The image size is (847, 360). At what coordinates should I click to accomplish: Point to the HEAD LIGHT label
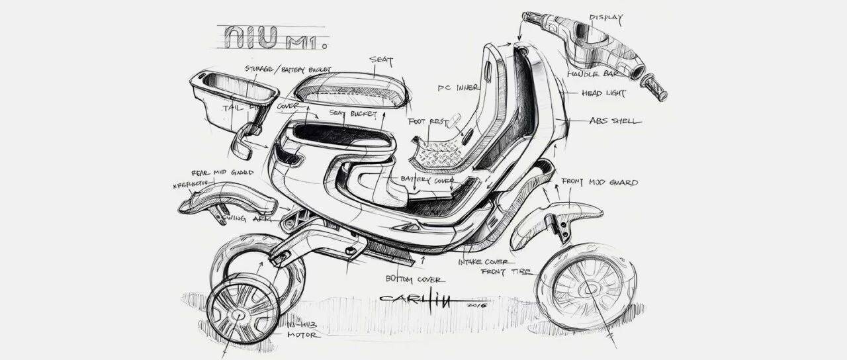coord(604,94)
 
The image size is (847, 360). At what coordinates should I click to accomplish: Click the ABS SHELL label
coord(614,121)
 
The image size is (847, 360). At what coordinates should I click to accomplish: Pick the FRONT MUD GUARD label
coord(600,182)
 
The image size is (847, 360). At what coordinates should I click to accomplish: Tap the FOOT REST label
coord(426,122)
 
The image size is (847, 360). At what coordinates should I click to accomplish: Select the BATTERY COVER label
coord(425,179)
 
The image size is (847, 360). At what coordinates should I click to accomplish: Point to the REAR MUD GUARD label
coord(222,172)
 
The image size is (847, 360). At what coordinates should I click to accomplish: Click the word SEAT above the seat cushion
coord(381,62)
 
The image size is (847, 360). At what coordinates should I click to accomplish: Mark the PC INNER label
coord(455,87)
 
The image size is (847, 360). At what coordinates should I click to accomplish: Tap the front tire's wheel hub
coord(585,286)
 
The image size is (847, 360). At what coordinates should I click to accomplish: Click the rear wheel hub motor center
coord(236,313)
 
